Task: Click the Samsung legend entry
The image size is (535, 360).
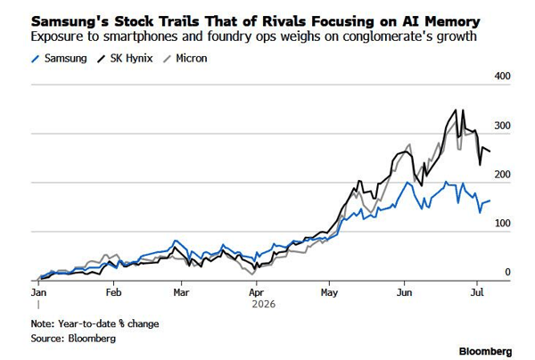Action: click(59, 59)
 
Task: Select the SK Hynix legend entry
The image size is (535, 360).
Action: click(125, 59)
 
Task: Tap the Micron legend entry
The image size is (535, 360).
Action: click(185, 59)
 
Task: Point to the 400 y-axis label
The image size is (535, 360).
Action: click(502, 76)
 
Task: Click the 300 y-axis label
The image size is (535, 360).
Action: click(502, 126)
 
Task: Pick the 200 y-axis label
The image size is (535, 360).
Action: click(502, 175)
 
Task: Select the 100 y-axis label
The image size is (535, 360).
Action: click(502, 224)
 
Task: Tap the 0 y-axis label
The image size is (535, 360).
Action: click(507, 272)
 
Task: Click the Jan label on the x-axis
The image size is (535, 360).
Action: click(38, 292)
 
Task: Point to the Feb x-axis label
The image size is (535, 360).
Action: click(113, 292)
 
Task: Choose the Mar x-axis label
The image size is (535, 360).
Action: click(181, 292)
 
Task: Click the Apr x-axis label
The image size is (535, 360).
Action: click(256, 292)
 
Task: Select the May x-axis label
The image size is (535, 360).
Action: click(329, 292)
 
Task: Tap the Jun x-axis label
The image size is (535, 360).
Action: click(404, 292)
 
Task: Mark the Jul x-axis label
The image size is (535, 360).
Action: click(477, 292)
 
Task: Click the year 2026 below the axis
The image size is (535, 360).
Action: click(263, 304)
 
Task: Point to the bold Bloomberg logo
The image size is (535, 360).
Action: click(486, 351)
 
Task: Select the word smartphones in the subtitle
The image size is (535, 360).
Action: click(140, 37)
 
